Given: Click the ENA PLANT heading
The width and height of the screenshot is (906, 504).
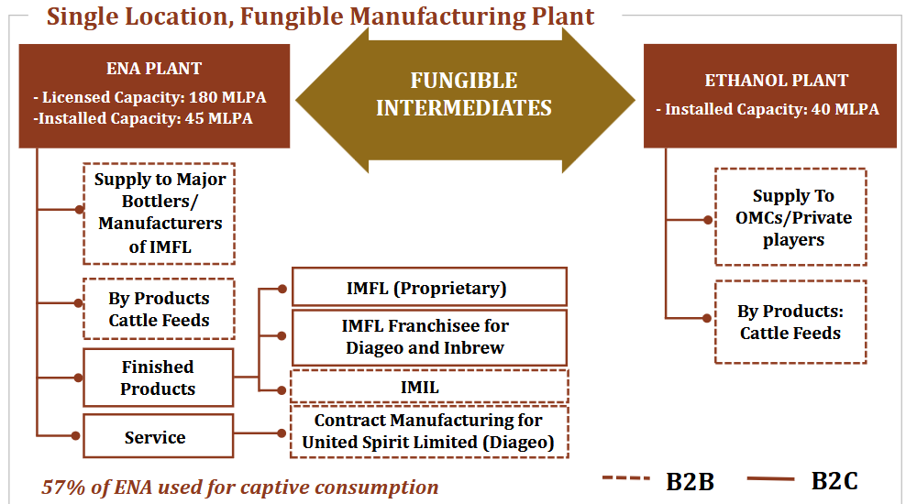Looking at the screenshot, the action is (154, 68).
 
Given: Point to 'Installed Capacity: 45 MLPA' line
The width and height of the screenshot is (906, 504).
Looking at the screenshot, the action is (145, 118).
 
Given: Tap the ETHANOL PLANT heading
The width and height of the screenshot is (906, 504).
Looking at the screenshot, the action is (776, 81).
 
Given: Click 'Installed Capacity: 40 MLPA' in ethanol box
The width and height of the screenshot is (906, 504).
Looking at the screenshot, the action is (772, 109).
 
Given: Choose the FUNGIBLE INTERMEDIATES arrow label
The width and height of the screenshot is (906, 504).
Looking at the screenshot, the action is (464, 94).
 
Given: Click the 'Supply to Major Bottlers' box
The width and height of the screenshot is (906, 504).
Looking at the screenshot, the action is (160, 214).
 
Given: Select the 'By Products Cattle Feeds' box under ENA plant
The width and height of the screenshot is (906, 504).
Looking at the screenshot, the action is (159, 309).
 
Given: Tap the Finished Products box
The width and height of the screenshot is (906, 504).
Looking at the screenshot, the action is (159, 378).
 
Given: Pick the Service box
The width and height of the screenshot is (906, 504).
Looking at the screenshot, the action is (159, 436).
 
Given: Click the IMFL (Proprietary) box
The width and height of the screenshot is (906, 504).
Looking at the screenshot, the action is (429, 287).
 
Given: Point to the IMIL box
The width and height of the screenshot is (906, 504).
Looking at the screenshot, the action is (429, 386).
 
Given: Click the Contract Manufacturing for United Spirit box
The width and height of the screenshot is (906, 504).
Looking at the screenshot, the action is (429, 432).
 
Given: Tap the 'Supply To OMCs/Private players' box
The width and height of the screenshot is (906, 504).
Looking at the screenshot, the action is (790, 217).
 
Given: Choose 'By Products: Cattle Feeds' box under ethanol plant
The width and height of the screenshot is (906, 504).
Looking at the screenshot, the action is (790, 323).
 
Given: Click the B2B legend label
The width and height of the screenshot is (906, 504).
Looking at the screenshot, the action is (690, 481).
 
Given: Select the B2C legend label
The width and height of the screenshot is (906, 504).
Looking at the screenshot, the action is (834, 480).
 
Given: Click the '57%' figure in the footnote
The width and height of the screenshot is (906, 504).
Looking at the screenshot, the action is (63, 488).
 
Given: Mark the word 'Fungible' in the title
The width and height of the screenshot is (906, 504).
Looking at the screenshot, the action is (293, 16).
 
